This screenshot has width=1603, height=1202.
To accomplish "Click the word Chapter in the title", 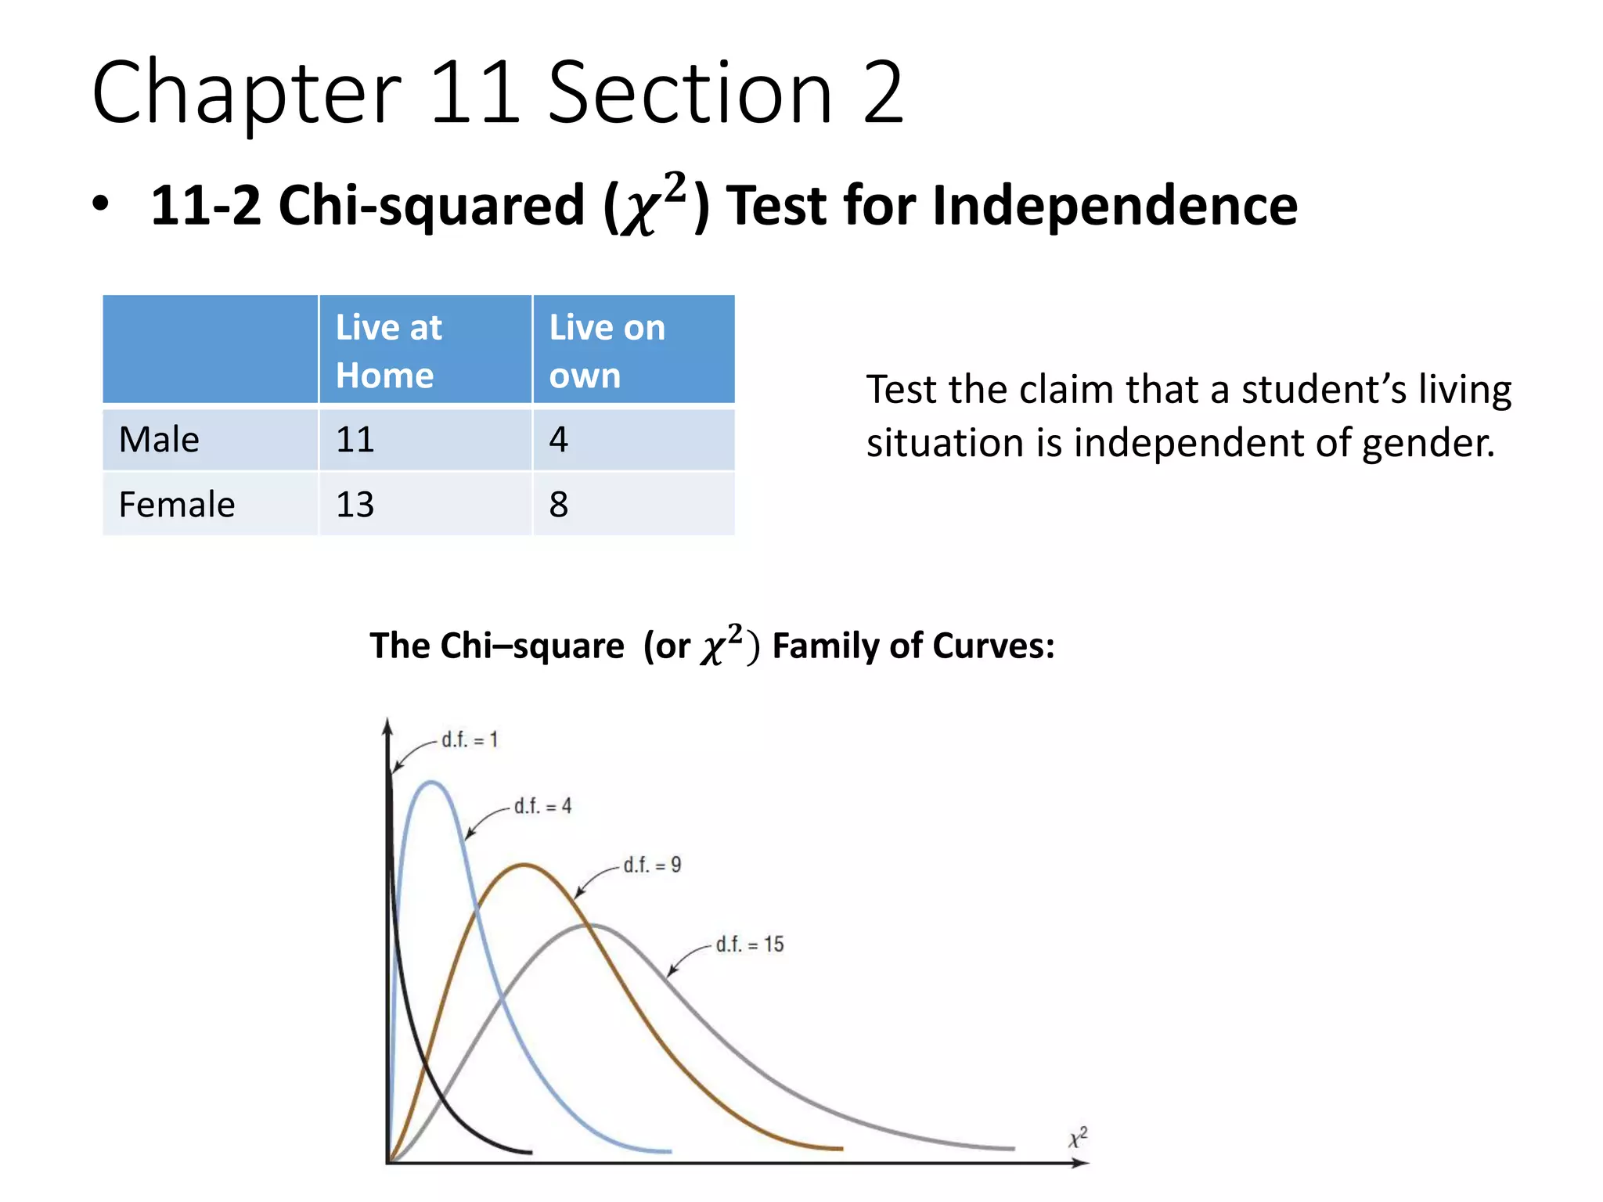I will click(x=247, y=94).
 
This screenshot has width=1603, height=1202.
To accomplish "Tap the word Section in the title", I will click(x=690, y=94).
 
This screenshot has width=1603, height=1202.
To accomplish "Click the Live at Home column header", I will click(x=425, y=351).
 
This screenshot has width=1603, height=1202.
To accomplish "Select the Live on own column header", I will click(x=633, y=351).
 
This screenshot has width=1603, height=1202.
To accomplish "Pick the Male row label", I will click(x=159, y=440).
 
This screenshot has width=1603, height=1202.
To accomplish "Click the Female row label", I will click(x=177, y=505).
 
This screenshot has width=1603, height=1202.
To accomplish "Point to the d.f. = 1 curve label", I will click(x=470, y=740).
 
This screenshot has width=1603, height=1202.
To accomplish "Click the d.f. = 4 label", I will click(x=542, y=806).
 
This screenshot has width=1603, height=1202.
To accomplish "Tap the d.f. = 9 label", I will click(x=652, y=865).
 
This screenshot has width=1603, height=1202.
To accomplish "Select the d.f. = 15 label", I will click(x=750, y=945).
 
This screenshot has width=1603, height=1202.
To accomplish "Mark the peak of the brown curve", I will click(x=524, y=865).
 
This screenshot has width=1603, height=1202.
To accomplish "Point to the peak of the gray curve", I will click(x=593, y=926).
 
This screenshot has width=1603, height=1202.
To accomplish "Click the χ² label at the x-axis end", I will click(x=1079, y=1137).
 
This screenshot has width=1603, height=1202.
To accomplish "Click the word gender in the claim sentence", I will click(x=1428, y=443).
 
